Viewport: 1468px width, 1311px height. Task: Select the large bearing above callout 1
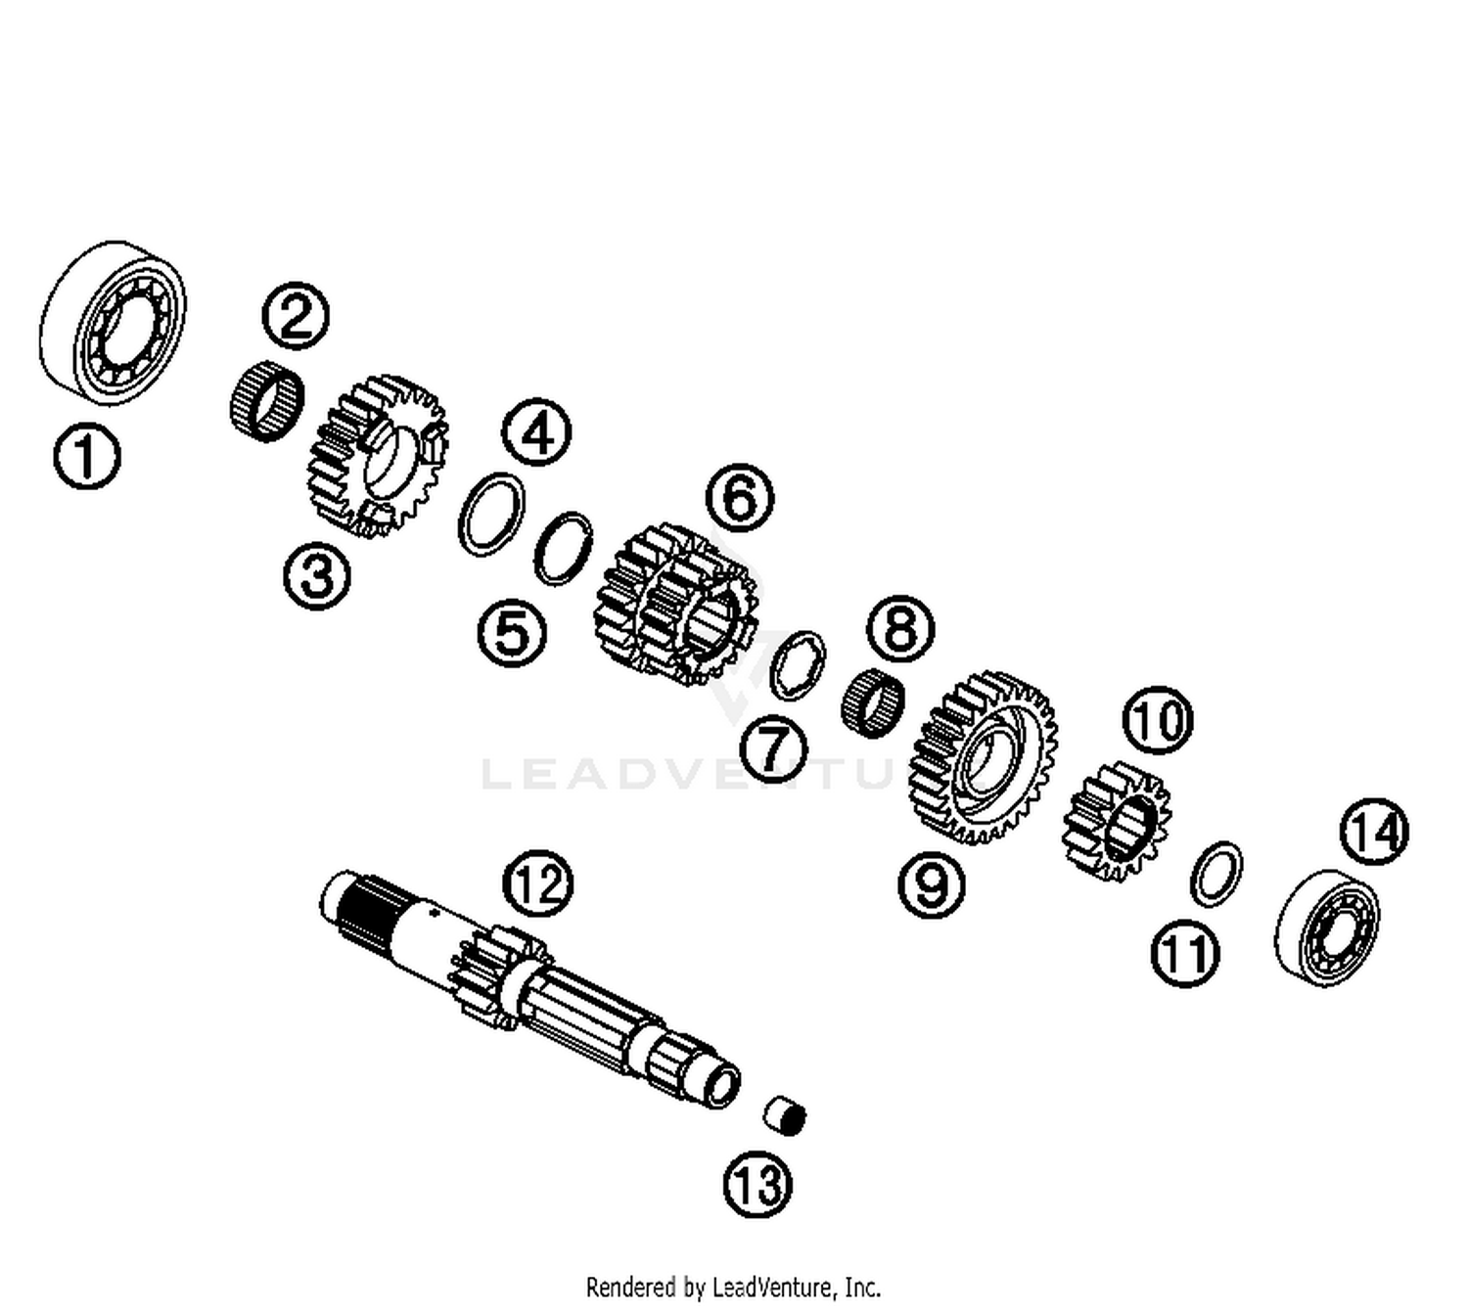[113, 322]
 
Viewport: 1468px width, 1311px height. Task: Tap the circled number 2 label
[296, 315]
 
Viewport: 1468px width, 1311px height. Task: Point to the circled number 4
[536, 431]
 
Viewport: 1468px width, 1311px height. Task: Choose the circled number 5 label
[512, 632]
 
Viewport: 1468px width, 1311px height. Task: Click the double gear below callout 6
[677, 605]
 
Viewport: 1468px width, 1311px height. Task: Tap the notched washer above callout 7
[797, 665]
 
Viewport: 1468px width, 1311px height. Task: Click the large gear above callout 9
[983, 757]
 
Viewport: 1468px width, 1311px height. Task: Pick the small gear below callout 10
[1117, 822]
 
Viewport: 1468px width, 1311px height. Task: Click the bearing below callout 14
[1327, 927]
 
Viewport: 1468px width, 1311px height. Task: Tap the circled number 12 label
[537, 882]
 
